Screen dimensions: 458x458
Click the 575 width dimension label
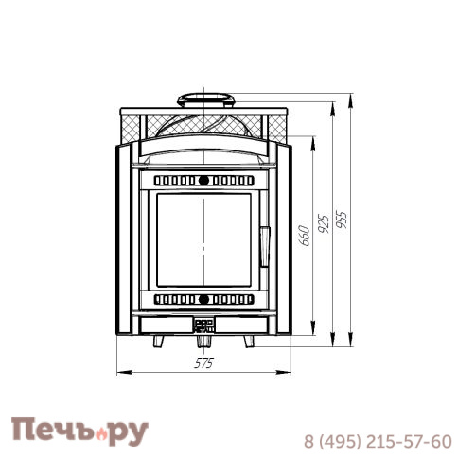click(x=203, y=363)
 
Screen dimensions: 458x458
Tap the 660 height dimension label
click(x=305, y=236)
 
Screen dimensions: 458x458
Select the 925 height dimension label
click(x=324, y=223)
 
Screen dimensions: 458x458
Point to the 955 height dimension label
click(x=342, y=219)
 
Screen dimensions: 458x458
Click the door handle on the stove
click(x=265, y=247)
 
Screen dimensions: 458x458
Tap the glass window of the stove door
click(x=203, y=240)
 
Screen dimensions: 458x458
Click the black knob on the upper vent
click(x=203, y=181)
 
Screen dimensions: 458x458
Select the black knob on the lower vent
click(x=203, y=299)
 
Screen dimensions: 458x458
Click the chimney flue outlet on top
click(x=205, y=100)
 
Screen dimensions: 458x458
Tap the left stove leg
click(x=159, y=342)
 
